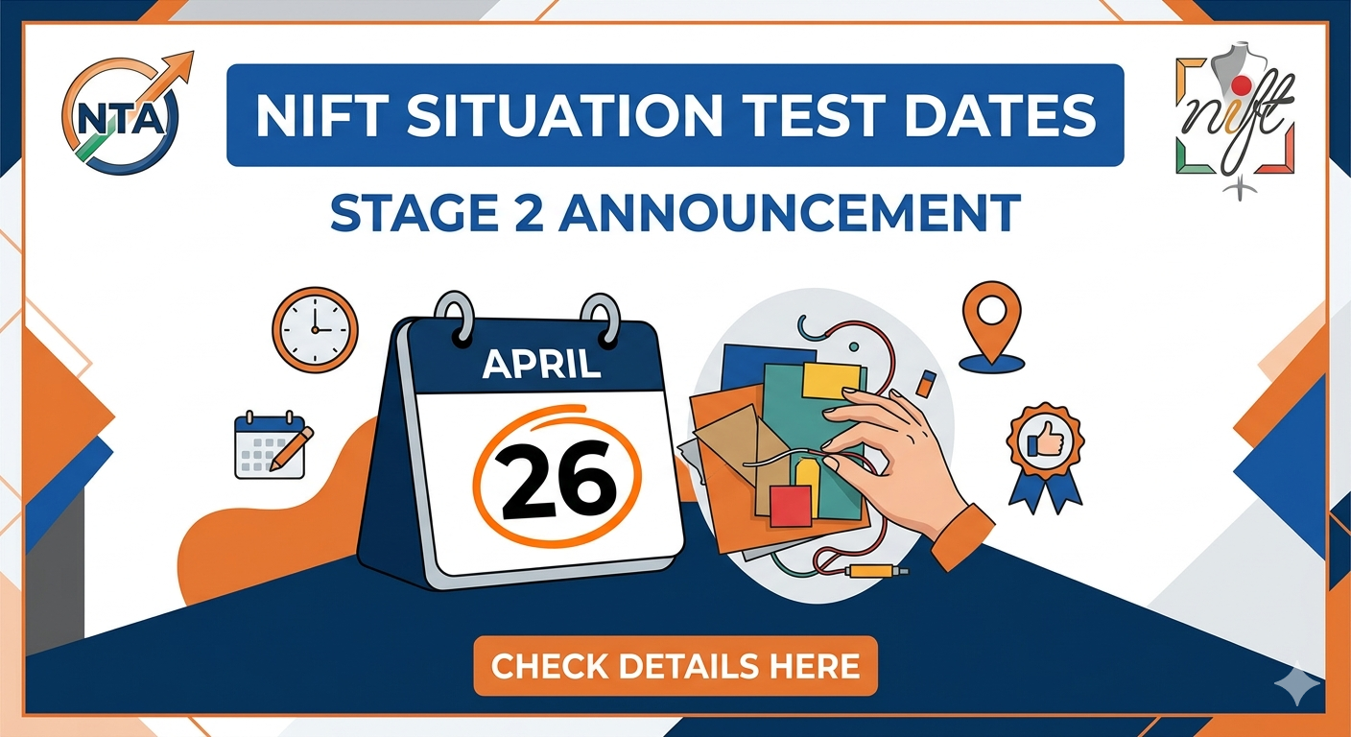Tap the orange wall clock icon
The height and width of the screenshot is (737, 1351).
click(315, 329)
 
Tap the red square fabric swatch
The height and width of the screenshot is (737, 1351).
click(791, 505)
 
